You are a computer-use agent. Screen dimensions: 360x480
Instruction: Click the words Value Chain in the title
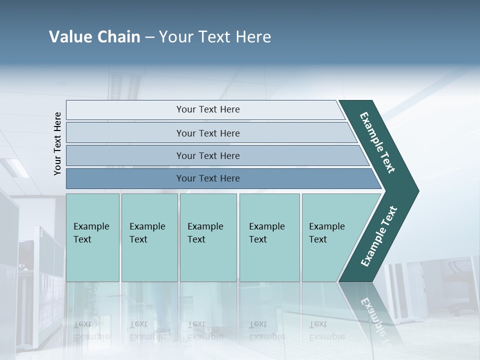(x=94, y=37)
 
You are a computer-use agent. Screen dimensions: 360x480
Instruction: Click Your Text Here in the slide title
(x=215, y=37)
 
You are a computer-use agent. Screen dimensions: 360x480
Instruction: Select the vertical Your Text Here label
(x=58, y=143)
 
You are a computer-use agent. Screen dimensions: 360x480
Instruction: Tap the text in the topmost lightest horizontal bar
(x=208, y=109)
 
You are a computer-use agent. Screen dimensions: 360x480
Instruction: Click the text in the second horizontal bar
(x=208, y=133)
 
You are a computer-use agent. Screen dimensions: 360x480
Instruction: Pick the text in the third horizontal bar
(x=208, y=156)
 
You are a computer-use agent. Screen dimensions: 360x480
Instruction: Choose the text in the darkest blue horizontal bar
(x=208, y=178)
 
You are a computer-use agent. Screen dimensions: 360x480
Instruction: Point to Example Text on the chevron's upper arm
(x=377, y=142)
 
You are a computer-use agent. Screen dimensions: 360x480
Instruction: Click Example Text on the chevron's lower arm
(x=379, y=236)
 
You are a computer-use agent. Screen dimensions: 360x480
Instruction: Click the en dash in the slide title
(x=149, y=37)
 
